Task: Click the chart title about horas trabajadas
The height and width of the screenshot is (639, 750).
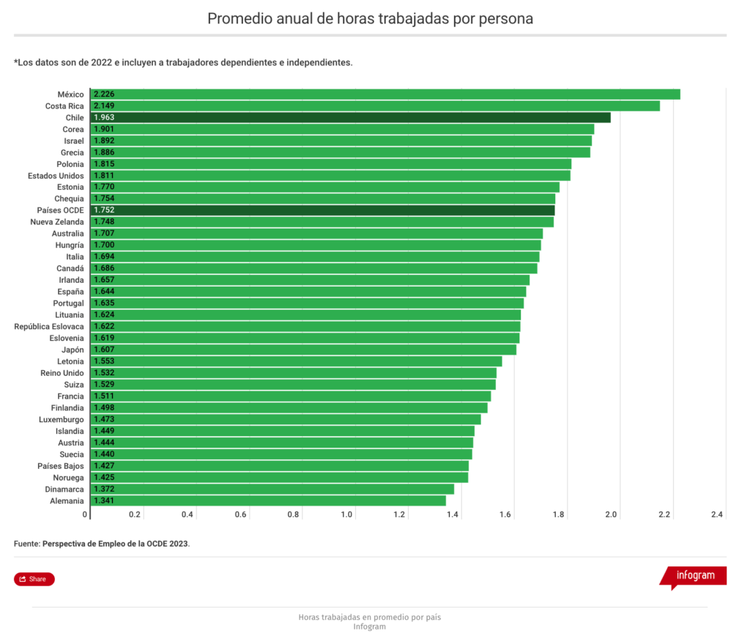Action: click(370, 18)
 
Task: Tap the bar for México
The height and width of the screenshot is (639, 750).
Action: click(385, 94)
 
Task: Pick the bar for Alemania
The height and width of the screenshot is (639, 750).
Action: click(268, 501)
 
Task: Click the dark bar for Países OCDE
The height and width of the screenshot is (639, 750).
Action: click(322, 210)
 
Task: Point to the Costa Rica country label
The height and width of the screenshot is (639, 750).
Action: click(64, 106)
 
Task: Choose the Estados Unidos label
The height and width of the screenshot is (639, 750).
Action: click(56, 176)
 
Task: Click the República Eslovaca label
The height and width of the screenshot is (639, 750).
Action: click(49, 326)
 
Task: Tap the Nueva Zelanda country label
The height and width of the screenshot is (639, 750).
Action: click(57, 222)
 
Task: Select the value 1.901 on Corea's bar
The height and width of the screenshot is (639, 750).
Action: click(104, 129)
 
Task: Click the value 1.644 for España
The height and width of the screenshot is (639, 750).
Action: click(104, 292)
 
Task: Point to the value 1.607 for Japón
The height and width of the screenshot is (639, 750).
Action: click(104, 350)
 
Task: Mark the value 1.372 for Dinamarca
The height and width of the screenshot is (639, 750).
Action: click(104, 489)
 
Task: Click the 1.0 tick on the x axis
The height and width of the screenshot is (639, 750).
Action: click(347, 514)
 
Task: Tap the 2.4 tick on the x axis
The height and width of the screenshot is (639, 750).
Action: click(717, 514)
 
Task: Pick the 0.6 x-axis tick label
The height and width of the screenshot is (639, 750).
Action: click(241, 514)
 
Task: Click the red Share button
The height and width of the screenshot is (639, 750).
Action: click(34, 579)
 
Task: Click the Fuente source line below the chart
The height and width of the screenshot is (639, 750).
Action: click(102, 544)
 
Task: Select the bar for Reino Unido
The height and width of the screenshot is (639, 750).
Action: click(293, 373)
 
